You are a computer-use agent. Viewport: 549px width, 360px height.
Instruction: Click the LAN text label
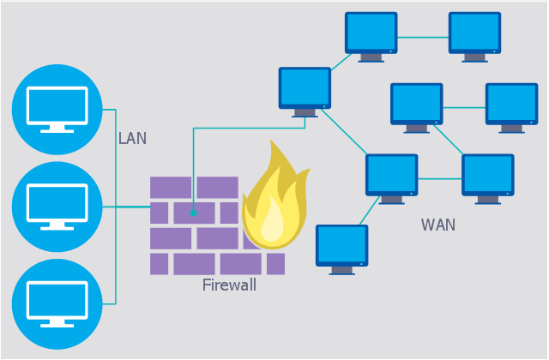point(132,138)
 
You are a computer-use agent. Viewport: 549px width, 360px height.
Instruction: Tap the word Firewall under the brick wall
point(229,285)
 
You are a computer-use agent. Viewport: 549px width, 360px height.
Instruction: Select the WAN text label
point(437,225)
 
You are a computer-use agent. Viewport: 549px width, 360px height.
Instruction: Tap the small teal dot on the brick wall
point(194,213)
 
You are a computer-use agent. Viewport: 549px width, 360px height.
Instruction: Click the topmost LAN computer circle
point(57,109)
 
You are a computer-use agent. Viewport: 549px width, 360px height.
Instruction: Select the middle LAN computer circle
point(57,207)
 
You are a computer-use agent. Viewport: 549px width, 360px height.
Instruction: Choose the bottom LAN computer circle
point(57,303)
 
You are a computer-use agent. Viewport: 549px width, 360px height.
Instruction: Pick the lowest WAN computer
point(341,246)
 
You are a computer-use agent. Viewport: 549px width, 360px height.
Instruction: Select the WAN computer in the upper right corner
point(474,34)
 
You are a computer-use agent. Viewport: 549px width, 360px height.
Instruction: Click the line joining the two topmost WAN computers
point(423,37)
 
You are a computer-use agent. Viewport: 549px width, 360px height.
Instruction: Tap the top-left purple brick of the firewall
point(171,187)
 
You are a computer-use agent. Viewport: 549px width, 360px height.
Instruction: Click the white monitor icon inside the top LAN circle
point(57,107)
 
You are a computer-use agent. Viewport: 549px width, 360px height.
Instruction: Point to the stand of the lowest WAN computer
point(341,269)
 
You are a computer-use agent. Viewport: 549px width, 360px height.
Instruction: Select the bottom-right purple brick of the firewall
point(274,264)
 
